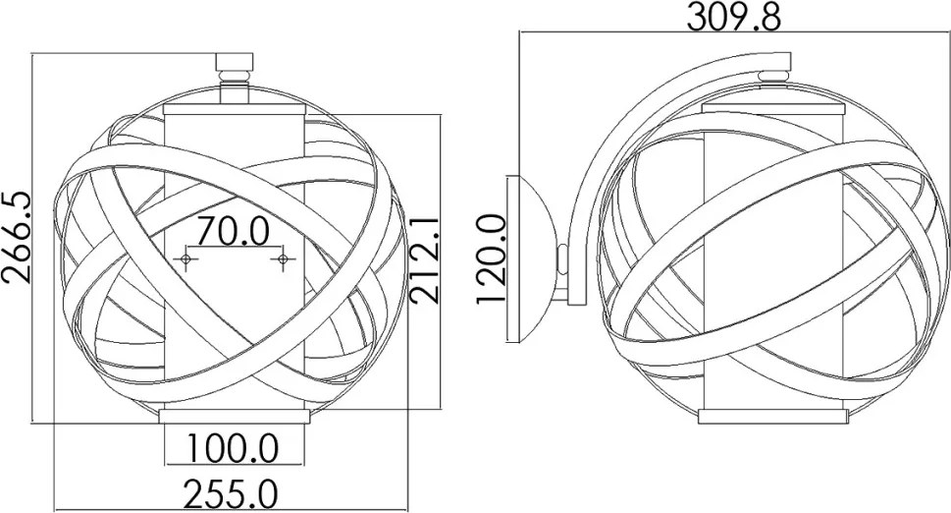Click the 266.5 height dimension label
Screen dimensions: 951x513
tap(17, 236)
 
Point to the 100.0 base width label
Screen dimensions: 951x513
tap(233, 448)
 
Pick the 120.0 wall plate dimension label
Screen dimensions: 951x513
tap(492, 258)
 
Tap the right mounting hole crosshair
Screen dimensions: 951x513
tap(282, 259)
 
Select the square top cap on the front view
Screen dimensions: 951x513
tap(235, 62)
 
